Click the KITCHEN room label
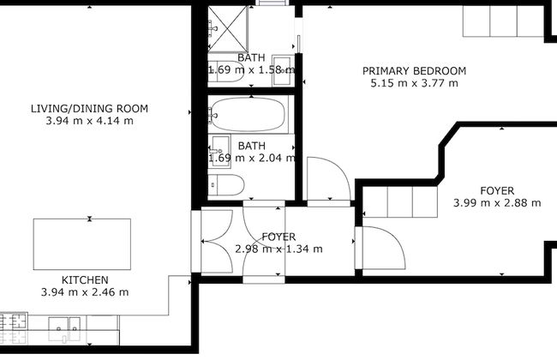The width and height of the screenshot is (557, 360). tap(84, 280)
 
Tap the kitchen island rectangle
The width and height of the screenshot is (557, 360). tap(82, 244)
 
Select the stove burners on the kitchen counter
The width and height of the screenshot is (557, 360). tap(14, 323)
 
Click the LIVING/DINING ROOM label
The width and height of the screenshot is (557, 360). tap(89, 109)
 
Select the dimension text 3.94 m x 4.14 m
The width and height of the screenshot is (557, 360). tap(89, 122)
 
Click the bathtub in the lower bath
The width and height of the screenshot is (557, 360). tap(251, 112)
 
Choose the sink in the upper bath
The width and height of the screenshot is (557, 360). tap(225, 74)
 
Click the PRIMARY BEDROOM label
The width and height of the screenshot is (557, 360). tap(414, 70)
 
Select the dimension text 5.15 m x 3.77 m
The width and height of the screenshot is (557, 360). tap(414, 83)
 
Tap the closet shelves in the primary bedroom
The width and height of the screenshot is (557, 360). tap(503, 21)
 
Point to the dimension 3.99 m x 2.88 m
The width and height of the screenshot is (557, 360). tap(497, 203)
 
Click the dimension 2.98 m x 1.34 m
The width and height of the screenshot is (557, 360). tap(278, 249)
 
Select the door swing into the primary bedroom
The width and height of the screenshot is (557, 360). tap(326, 180)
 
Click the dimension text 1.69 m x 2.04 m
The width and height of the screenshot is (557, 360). tap(251, 158)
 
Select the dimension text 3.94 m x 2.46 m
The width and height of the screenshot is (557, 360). tap(84, 292)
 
